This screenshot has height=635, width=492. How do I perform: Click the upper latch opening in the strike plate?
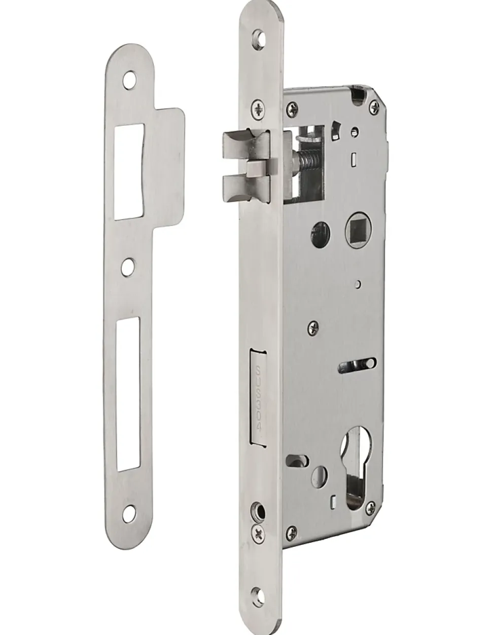pos(129,171)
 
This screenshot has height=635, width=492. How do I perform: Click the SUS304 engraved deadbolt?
pos(258,403)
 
